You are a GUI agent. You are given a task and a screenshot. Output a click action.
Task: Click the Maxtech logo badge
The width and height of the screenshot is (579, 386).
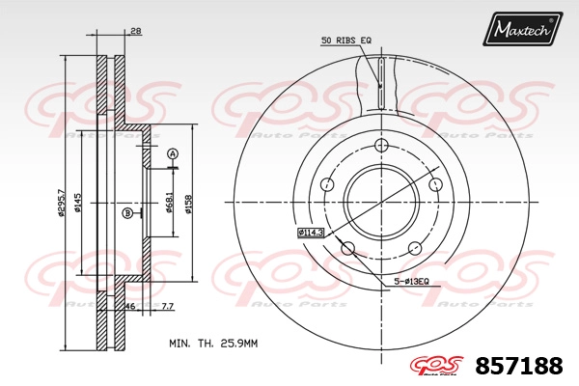tap(522, 28)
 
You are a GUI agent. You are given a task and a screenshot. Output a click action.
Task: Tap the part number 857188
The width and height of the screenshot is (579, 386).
tap(519, 366)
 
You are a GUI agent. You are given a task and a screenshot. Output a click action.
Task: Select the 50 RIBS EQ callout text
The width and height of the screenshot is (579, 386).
tap(346, 41)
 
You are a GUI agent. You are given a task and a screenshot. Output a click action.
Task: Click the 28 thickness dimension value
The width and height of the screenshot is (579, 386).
tap(136, 32)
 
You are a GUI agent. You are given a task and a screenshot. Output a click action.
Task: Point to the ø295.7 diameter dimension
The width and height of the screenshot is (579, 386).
tap(62, 203)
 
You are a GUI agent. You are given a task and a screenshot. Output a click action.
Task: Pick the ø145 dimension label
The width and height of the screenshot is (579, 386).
tap(78, 203)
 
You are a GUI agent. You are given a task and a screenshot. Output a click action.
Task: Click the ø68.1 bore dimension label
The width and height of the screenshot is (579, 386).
tap(170, 203)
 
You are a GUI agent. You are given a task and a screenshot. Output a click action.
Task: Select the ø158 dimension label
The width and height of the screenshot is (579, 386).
tap(188, 205)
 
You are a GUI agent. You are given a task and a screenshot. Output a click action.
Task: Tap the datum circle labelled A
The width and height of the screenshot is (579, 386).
tap(173, 153)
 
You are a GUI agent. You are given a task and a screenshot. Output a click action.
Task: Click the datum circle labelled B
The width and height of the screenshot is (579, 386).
tap(127, 213)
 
